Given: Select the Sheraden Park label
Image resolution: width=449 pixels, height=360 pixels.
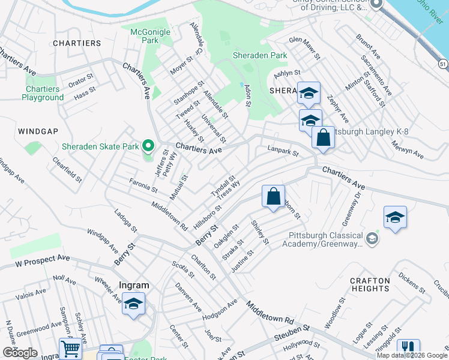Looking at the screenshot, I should pos(260,56).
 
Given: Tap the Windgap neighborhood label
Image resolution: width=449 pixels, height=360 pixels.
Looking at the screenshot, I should pos(38,131).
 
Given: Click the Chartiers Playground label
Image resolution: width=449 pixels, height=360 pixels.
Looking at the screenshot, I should pos(43,93).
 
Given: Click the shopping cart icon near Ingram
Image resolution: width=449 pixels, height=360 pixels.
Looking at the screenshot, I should pos(70,349).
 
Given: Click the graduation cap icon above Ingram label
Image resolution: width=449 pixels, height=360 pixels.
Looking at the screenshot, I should pos(133,304).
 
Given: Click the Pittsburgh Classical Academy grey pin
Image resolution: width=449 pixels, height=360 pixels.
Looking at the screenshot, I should pos(372,239).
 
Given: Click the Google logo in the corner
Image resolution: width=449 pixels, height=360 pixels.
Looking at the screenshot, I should pos(20,353).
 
